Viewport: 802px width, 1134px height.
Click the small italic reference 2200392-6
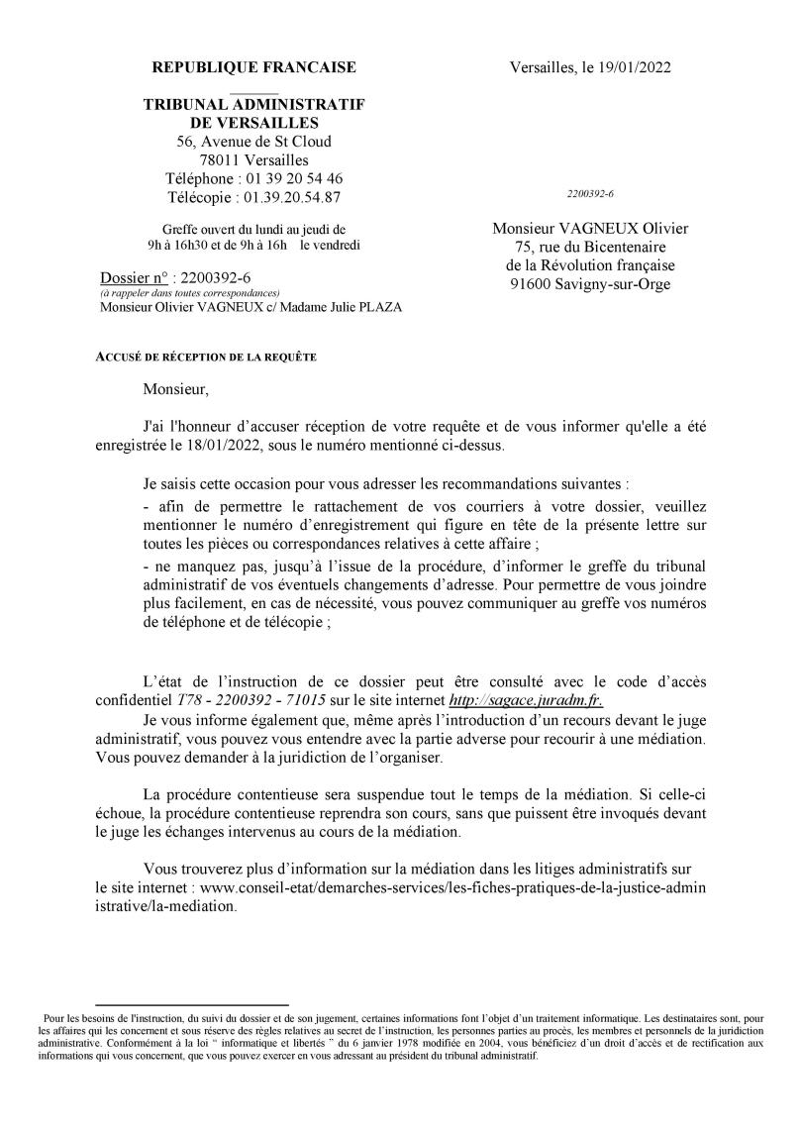(590, 194)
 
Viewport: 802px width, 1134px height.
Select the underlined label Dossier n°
(133, 278)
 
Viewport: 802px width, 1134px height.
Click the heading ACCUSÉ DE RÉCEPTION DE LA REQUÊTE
(207, 357)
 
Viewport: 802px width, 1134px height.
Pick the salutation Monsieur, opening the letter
(176, 388)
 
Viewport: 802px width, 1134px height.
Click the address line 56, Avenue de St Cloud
(253, 142)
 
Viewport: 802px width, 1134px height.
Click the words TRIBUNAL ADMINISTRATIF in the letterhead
(253, 105)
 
